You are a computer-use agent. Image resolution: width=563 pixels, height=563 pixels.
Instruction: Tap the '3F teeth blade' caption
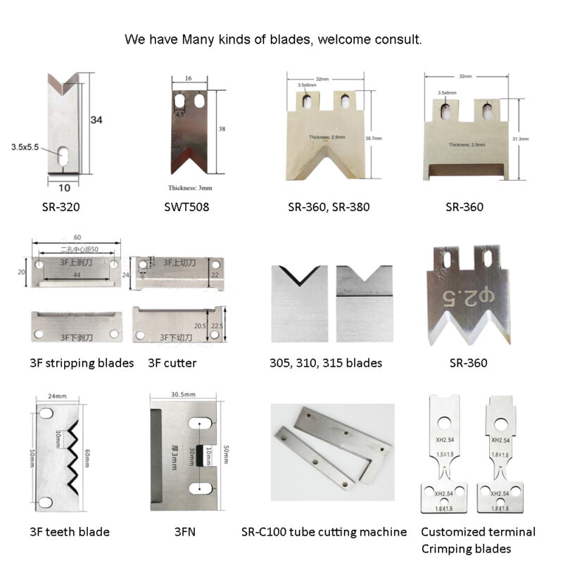pyautogui.click(x=70, y=532)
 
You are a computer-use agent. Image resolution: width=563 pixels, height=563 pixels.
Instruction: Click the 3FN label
pyautogui.click(x=184, y=532)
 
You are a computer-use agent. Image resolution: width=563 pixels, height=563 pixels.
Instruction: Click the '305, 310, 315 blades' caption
pyautogui.click(x=326, y=363)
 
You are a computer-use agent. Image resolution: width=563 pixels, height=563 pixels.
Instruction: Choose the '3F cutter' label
pyautogui.click(x=172, y=363)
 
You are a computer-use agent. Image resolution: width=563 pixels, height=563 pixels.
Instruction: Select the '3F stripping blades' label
pyautogui.click(x=82, y=363)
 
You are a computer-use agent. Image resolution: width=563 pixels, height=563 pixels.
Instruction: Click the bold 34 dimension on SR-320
pyautogui.click(x=96, y=120)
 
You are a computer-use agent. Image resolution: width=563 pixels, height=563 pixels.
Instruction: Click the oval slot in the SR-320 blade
pyautogui.click(x=63, y=154)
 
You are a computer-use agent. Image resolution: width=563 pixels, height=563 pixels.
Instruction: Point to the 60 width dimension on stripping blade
pyautogui.click(x=75, y=238)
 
